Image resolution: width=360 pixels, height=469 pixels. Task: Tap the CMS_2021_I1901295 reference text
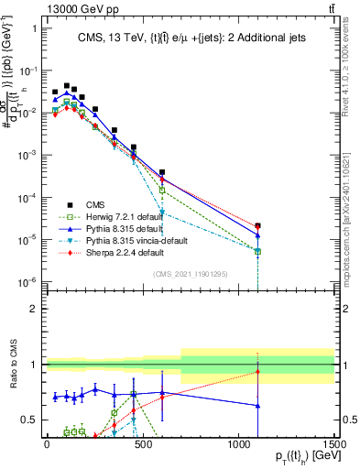(x=191, y=274)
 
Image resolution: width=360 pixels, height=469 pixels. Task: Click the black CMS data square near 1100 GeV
(x=258, y=225)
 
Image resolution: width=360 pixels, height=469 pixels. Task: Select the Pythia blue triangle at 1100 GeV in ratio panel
(x=258, y=406)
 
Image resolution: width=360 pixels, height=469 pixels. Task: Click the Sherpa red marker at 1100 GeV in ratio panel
(x=258, y=372)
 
